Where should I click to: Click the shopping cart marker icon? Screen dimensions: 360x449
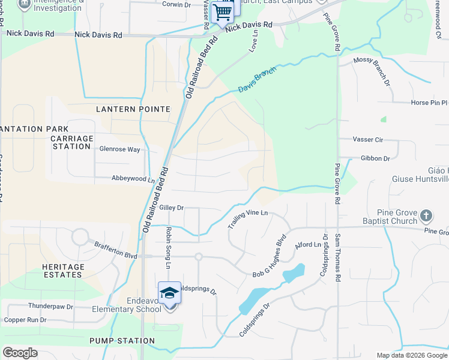pos(223,11)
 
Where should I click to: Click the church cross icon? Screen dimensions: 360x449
pos(426,215)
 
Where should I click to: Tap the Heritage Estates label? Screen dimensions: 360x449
pos(62,271)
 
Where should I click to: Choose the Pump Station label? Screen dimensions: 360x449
pos(122,341)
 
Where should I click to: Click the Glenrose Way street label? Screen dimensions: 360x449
pos(119,149)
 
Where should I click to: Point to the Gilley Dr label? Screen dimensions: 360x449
pos(171,208)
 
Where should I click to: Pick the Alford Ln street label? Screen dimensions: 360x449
pos(308,245)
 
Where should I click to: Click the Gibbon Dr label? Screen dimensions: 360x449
pos(375,158)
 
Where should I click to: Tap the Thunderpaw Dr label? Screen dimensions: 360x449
pos(50,306)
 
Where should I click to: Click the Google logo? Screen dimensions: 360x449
pos(20,353)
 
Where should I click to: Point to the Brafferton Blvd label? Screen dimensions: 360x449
pos(116,250)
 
